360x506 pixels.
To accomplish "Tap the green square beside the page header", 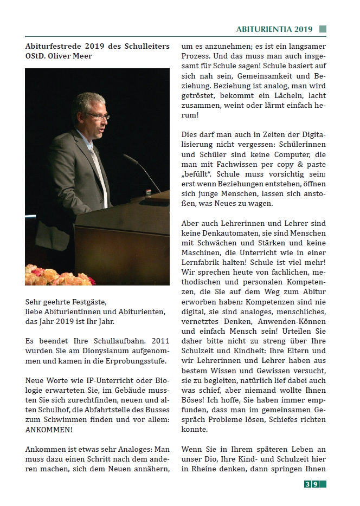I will pyautogui.click(x=323, y=29).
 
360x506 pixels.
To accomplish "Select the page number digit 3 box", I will pyautogui.click(x=307, y=484).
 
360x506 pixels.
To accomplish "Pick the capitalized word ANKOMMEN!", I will pyautogui.click(x=49, y=429).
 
